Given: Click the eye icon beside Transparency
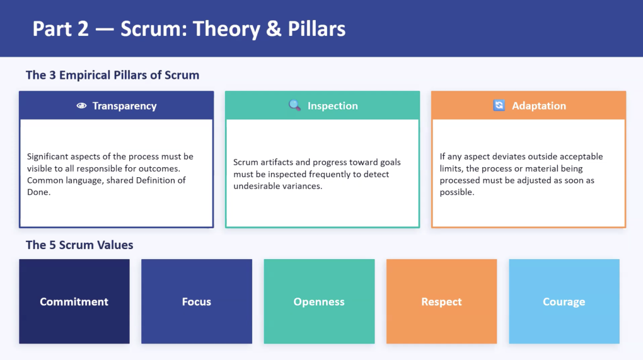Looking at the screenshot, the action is (81, 106).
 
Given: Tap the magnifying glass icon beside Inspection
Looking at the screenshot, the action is (294, 105).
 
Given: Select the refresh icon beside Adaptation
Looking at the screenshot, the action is (499, 105).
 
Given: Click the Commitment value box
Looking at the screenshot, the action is (74, 301).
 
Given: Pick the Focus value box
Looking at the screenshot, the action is (197, 301).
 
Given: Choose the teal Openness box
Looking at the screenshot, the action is (319, 301).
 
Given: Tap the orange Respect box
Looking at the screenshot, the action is (442, 301).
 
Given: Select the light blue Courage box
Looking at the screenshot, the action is (564, 301).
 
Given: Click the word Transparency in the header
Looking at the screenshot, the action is (124, 106).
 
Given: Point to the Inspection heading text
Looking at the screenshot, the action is (333, 106).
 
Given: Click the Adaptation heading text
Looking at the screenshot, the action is (539, 106).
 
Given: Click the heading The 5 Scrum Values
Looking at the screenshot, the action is (79, 245).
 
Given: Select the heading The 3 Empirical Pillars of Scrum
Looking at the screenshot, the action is (112, 75).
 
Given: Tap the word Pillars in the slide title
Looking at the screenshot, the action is (316, 29).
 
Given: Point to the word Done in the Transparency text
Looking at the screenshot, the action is (38, 192).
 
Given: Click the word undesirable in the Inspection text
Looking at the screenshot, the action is (255, 186).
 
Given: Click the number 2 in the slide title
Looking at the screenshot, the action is (83, 29).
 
